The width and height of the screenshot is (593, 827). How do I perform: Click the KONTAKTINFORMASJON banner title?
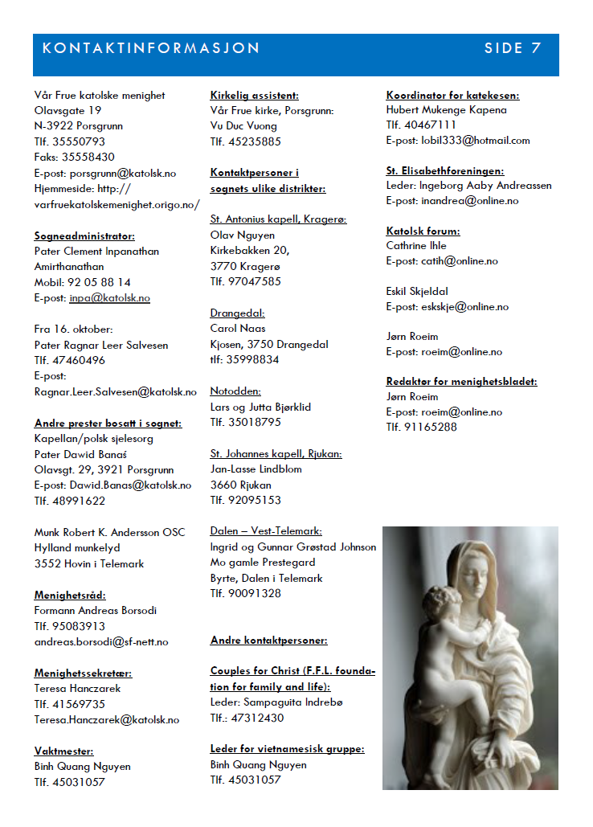coord(151,48)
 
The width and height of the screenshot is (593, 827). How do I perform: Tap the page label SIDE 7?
coord(513,48)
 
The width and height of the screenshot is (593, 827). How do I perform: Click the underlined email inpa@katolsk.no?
coord(110,298)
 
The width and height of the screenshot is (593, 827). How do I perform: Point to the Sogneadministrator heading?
coord(84,235)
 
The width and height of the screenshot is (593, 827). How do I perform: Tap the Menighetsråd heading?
coord(70,596)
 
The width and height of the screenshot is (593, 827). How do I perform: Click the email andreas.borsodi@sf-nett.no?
coord(101,642)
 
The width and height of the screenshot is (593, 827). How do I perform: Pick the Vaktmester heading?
coord(63,751)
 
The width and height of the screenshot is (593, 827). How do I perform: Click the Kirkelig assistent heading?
coord(254,95)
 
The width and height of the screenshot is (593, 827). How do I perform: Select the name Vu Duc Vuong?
coord(243,126)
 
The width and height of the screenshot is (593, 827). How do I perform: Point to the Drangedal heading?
coord(238,313)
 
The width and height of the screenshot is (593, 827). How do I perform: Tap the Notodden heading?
coord(236,391)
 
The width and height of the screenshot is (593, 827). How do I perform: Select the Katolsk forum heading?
coord(423,231)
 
